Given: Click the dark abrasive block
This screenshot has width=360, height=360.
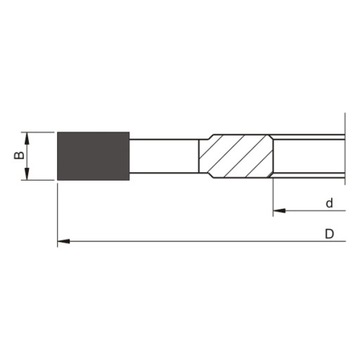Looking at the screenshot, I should pyautogui.click(x=92, y=157).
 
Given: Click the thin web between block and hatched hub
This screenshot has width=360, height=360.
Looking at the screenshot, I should pyautogui.click(x=165, y=157).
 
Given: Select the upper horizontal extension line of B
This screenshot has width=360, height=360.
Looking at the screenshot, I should pyautogui.click(x=40, y=132).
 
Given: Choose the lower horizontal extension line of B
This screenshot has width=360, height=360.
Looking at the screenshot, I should pyautogui.click(x=40, y=182).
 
